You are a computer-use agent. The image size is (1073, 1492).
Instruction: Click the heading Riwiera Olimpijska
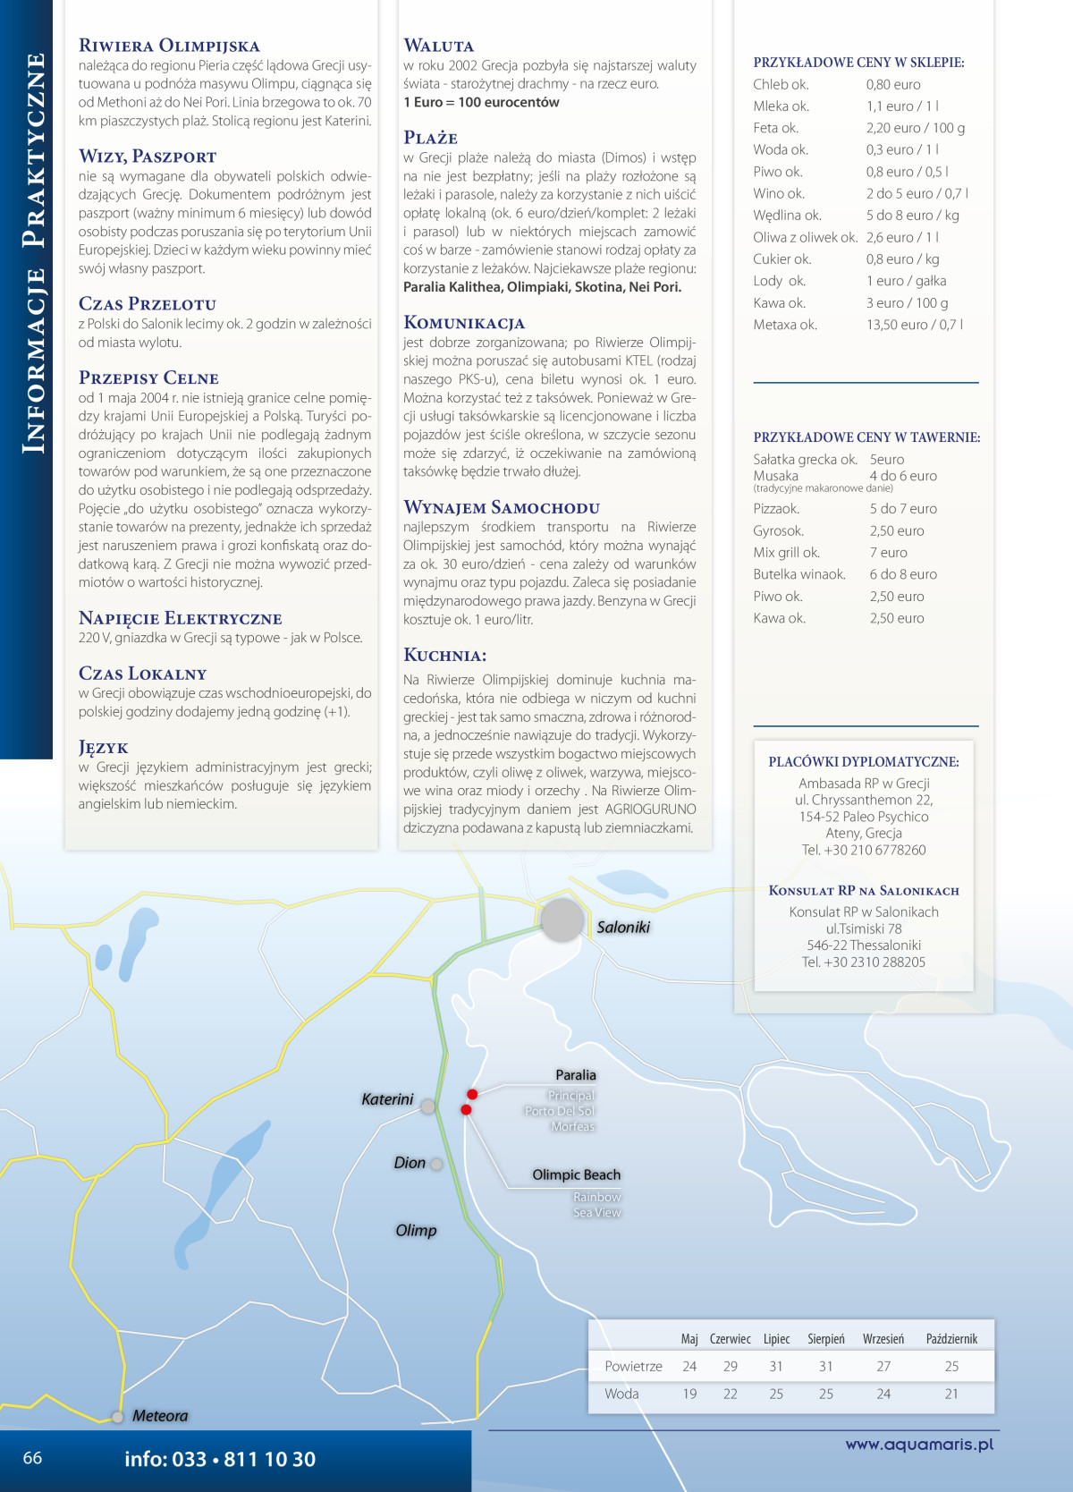(x=169, y=46)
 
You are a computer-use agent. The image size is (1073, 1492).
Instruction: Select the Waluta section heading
(x=439, y=46)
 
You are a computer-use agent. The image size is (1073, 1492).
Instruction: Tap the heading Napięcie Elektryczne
(x=180, y=618)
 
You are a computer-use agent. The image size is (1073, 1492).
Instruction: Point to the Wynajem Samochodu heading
(x=502, y=507)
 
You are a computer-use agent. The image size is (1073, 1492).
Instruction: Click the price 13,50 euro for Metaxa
(x=914, y=325)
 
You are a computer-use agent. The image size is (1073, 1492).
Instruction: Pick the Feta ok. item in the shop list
(x=776, y=128)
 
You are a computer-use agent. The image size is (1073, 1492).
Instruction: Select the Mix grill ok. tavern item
(x=786, y=553)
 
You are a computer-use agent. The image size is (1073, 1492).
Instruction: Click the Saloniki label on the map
(x=623, y=928)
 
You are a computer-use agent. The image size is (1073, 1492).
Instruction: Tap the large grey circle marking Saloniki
(x=562, y=920)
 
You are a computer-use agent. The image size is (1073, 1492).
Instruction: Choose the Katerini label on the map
(x=387, y=1099)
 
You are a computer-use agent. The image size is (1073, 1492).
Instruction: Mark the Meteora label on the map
(x=160, y=1416)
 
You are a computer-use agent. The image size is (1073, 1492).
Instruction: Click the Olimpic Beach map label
(x=576, y=1175)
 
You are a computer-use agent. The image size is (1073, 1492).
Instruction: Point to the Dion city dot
(x=436, y=1165)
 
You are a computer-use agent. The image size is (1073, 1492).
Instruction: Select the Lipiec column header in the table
(x=776, y=1339)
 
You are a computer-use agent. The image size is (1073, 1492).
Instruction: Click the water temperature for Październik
(x=951, y=1394)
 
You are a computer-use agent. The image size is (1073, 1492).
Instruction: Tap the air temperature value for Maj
(x=689, y=1367)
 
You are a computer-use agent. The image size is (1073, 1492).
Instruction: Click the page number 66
(x=32, y=1458)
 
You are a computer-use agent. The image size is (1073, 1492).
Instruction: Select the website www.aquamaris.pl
(x=919, y=1444)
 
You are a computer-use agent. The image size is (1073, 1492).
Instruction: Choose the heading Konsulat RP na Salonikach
(x=864, y=891)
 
